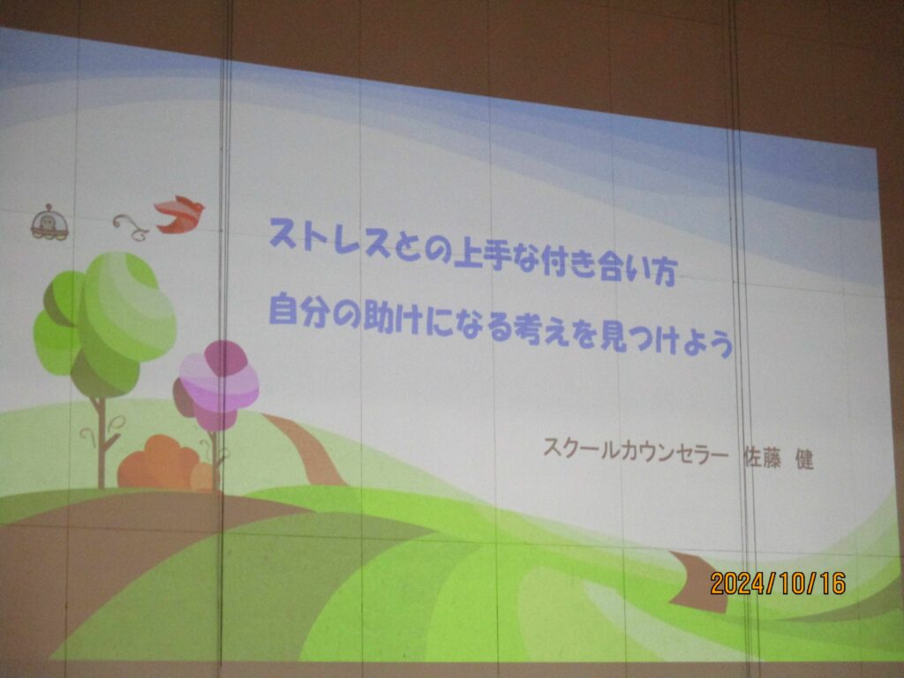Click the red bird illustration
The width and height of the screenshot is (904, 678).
pos(180,215)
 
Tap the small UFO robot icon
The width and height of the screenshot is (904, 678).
pos(49,222)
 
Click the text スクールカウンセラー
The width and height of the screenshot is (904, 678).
pos(636,449)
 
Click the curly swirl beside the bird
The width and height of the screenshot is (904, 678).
pos(132,227)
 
